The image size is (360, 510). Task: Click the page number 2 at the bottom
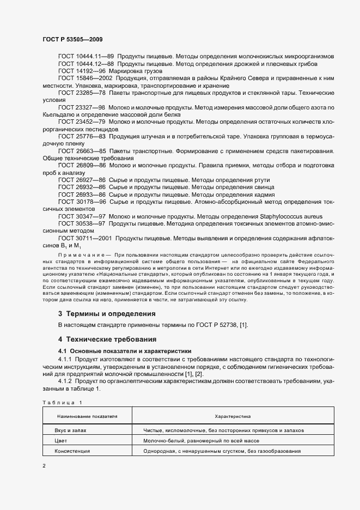point(44,466)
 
